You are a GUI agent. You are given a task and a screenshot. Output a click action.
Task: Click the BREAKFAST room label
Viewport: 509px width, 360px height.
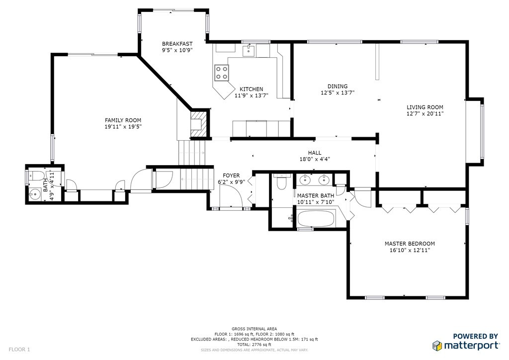pyautogui.click(x=177, y=44)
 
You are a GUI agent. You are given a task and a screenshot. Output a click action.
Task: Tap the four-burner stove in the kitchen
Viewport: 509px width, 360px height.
pyautogui.click(x=221, y=73)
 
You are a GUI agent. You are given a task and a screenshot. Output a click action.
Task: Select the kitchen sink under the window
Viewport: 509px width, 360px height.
pyautogui.click(x=249, y=50)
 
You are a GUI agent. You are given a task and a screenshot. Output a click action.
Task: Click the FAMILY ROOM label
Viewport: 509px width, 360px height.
pyautogui.click(x=123, y=120)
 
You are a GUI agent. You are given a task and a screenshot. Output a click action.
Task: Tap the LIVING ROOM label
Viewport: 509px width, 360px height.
pyautogui.click(x=425, y=107)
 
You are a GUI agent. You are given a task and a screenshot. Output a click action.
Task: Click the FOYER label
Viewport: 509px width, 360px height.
pyautogui.click(x=231, y=176)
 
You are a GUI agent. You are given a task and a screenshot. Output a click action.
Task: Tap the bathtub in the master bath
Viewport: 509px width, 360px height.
pyautogui.click(x=316, y=218)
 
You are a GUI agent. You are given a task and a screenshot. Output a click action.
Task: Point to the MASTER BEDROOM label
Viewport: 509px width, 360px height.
pyautogui.click(x=410, y=244)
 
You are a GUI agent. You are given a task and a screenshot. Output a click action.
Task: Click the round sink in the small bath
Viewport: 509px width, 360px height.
pyautogui.click(x=34, y=195)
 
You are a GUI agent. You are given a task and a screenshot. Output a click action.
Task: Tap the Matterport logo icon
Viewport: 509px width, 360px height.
pyautogui.click(x=437, y=346)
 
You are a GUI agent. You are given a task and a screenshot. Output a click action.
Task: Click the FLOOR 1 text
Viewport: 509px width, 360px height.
pyautogui.click(x=19, y=350)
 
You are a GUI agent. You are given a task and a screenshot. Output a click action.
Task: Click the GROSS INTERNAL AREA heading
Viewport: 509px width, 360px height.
pyautogui.click(x=254, y=329)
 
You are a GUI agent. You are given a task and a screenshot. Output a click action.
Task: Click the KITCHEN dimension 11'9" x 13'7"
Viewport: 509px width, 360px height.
pyautogui.click(x=252, y=96)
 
